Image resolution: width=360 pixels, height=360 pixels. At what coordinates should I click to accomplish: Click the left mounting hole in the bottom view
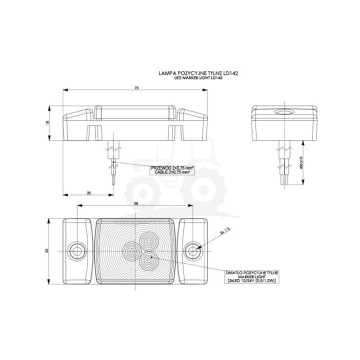(75, 246)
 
